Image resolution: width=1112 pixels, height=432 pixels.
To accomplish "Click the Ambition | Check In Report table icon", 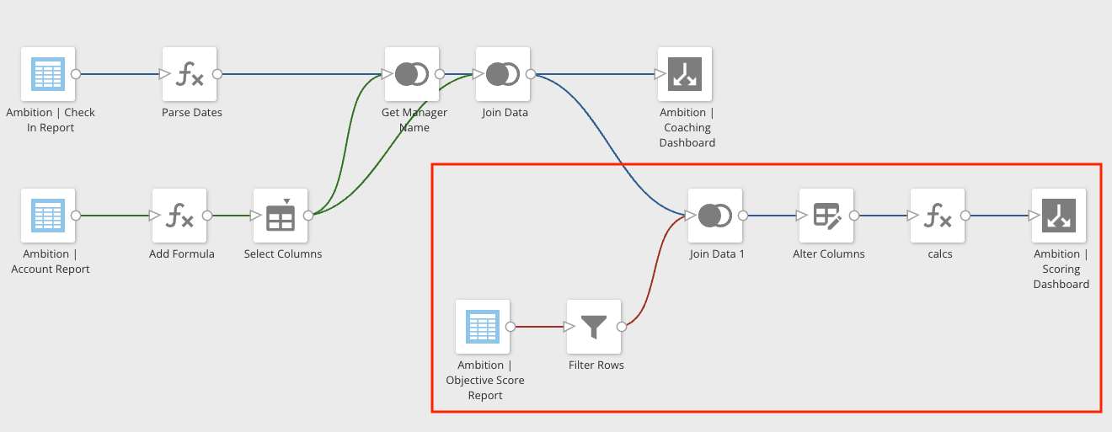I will click(48, 74).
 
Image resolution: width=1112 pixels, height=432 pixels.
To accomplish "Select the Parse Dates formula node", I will click(190, 74).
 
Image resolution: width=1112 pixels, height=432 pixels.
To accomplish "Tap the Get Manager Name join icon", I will click(412, 74).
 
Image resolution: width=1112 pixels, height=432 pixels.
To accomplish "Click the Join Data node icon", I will click(503, 74).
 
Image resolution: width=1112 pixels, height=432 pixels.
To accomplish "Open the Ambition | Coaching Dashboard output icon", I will click(685, 74).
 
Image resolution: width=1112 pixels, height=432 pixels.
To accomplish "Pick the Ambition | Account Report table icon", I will click(48, 216).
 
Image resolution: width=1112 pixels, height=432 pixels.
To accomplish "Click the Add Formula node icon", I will click(179, 216).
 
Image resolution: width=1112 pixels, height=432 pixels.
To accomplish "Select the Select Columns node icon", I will click(281, 216).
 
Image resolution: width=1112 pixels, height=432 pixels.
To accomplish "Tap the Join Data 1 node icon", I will click(715, 216).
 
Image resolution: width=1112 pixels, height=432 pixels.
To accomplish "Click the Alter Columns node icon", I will click(826, 216).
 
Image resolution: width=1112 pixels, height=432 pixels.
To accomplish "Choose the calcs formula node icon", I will click(938, 216).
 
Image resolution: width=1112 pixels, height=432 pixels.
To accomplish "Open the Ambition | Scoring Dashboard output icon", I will click(1059, 216).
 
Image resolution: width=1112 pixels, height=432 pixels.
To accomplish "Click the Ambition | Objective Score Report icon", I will click(483, 327).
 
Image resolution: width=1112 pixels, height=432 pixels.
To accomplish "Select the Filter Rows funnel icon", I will click(594, 327).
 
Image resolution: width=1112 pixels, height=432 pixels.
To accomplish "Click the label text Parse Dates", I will click(192, 113).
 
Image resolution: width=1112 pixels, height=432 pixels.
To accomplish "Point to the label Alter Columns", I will click(828, 254).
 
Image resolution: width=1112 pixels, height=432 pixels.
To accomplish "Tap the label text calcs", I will click(939, 254).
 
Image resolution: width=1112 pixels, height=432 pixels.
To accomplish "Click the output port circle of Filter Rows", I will click(622, 327).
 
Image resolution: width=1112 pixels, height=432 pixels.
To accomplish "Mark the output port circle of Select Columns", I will click(308, 216).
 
